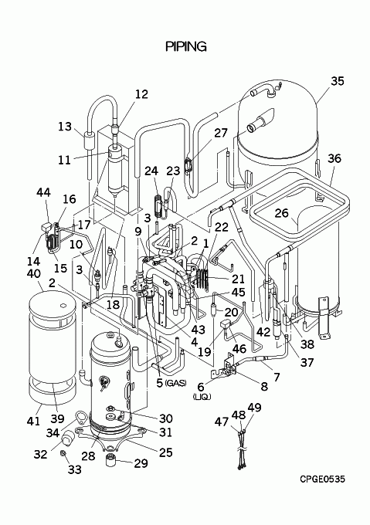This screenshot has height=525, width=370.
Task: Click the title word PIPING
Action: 186,46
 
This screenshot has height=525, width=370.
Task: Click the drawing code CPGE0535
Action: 322,479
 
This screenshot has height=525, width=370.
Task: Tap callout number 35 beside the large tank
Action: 338,81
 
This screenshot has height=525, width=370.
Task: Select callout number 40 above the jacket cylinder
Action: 33,273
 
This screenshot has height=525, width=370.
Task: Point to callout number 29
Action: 141,463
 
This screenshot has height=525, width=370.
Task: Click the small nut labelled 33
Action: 63,453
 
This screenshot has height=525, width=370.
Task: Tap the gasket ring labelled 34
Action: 82,417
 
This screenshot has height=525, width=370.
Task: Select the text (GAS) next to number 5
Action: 176,384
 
